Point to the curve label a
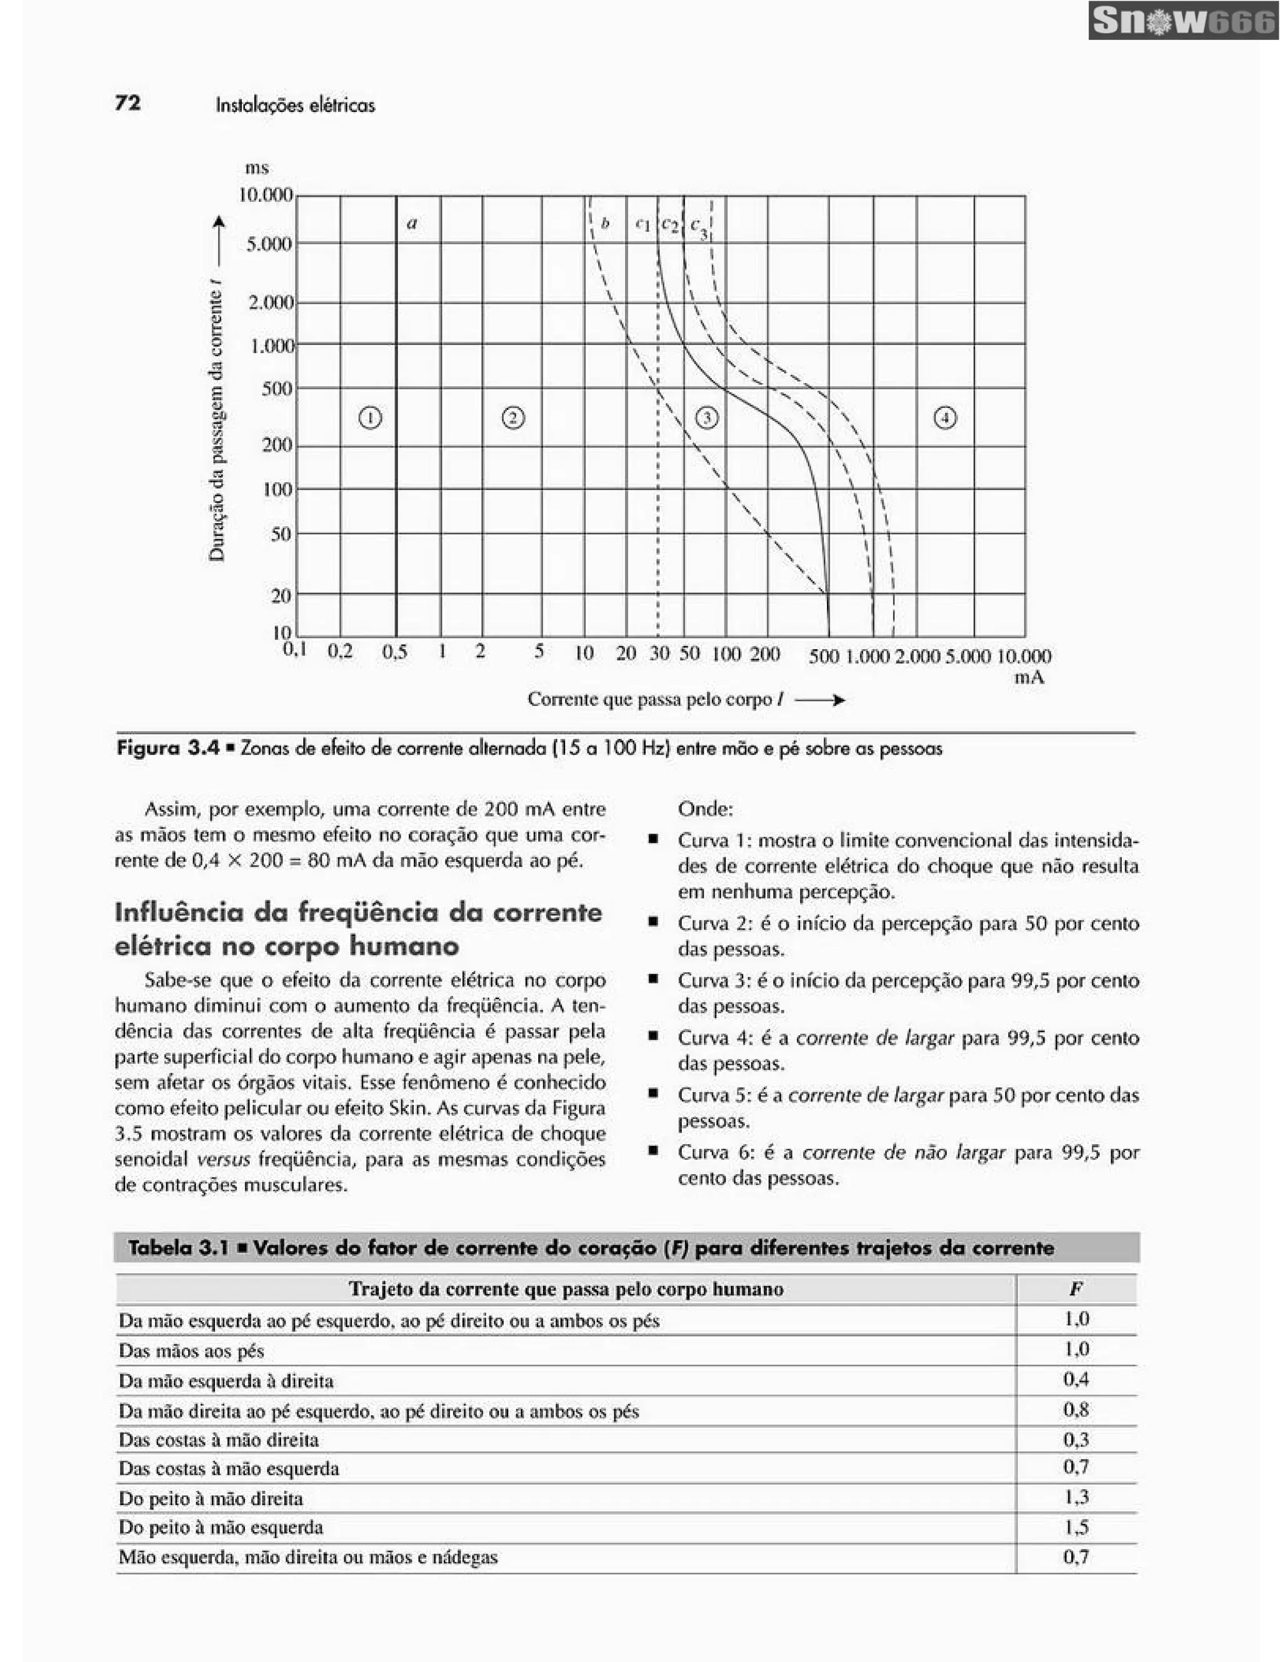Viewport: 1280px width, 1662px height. click(412, 224)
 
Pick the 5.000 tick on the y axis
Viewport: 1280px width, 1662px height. click(269, 244)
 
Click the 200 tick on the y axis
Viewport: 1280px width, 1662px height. click(277, 445)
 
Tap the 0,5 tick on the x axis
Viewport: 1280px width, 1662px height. click(394, 652)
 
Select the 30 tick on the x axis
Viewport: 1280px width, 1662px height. click(659, 653)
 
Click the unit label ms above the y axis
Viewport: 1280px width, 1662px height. click(256, 167)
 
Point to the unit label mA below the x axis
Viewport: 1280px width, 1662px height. click(1029, 677)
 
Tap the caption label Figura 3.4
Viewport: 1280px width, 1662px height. click(168, 748)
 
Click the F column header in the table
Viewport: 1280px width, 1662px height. click(1075, 1288)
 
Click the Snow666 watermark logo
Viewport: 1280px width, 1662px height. click(1183, 21)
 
